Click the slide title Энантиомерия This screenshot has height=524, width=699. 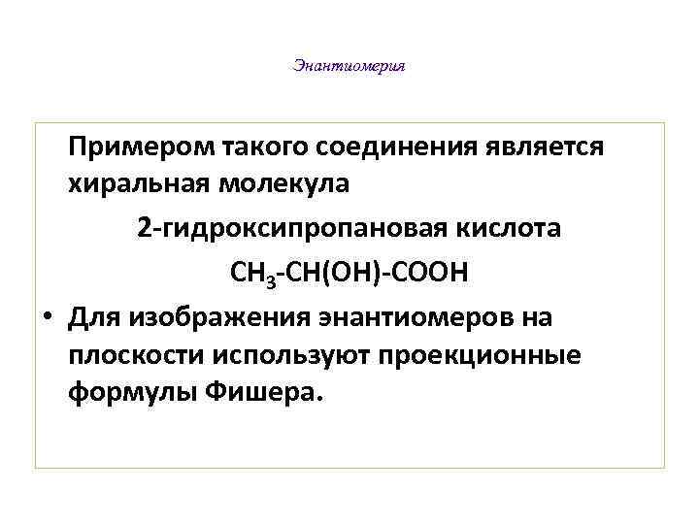349,67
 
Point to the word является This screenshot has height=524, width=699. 543,147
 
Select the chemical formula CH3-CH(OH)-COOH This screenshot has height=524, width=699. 349,274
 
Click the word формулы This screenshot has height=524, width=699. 118,395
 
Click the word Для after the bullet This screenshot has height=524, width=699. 93,318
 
